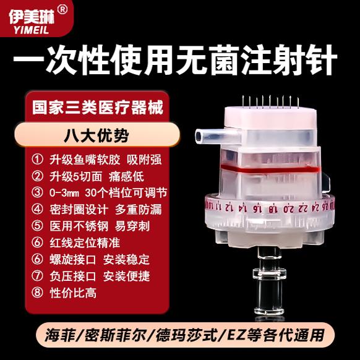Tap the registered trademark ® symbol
point(62,9)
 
